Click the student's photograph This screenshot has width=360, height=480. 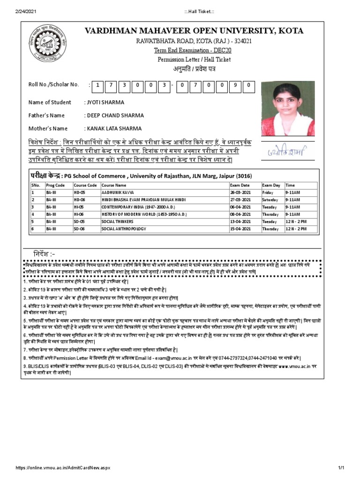(x=287, y=108)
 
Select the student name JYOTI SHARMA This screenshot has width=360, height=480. (x=105, y=102)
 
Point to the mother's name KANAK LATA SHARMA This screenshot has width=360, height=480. (x=114, y=128)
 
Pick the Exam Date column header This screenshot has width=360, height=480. (x=240, y=185)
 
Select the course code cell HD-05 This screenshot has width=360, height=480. (x=79, y=193)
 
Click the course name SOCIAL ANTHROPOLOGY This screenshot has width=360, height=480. (x=123, y=229)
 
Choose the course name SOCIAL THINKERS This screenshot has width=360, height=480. (x=117, y=221)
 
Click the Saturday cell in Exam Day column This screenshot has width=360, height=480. (x=270, y=200)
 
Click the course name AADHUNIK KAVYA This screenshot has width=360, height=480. (x=117, y=193)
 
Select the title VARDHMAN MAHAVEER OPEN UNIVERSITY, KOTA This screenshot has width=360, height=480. (x=194, y=31)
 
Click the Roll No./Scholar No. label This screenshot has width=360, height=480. (x=53, y=84)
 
